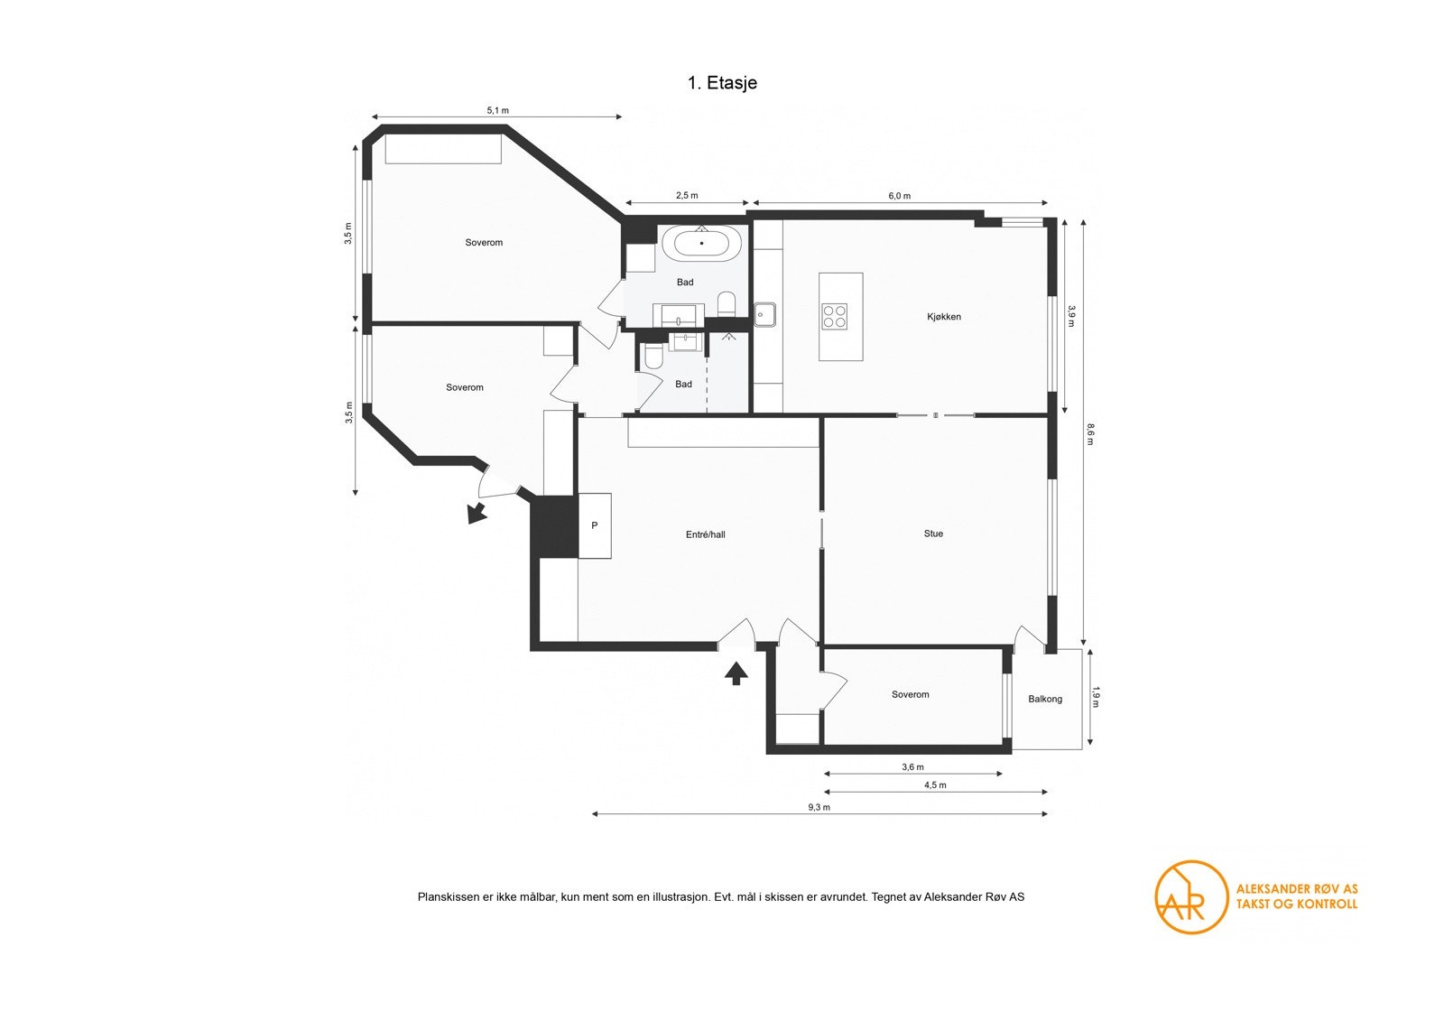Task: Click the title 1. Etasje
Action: point(722,83)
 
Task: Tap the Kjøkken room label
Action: point(944,317)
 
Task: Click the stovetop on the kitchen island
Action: point(834,316)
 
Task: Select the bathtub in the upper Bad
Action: point(702,244)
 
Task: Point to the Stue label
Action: point(933,534)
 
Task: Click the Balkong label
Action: point(1045,699)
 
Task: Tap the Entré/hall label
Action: point(705,534)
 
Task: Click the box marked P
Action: point(594,525)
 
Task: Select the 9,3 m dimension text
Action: point(819,807)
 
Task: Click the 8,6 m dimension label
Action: point(1090,434)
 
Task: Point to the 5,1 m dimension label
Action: point(497,110)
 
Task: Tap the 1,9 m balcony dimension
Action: point(1097,697)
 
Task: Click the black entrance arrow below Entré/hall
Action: point(736,673)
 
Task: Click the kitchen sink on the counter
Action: point(765,314)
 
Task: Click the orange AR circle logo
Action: point(1191,897)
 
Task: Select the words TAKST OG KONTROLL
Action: point(1296,904)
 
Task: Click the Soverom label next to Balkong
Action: point(910,694)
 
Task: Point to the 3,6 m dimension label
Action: point(912,767)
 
